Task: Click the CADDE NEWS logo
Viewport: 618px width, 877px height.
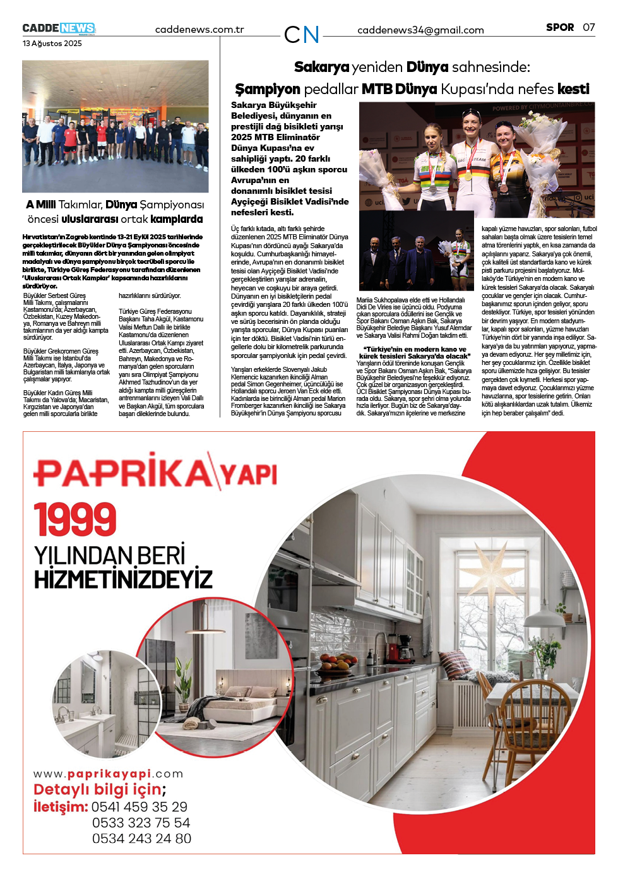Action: pos(59,28)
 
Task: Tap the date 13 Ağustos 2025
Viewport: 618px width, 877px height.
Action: pos(52,44)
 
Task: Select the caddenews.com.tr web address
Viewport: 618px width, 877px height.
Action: pos(199,30)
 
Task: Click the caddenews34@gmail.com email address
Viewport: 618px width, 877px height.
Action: pos(420,30)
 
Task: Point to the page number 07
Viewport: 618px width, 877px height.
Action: pos(588,27)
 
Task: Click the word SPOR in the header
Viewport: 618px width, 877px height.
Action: pos(560,27)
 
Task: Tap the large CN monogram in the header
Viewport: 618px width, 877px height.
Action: pos(302,35)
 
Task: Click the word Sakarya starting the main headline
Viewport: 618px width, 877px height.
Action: pos(321,67)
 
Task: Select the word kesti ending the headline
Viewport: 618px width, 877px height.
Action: pos(573,89)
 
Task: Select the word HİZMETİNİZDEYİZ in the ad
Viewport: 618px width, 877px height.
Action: pos(123,579)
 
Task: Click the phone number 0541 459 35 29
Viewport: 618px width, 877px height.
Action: pos(140,807)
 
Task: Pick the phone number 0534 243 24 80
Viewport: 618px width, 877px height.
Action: pos(141,838)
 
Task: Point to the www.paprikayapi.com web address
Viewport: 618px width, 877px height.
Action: pos(108,774)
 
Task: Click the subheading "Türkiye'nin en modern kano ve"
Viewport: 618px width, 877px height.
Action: pos(414,349)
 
